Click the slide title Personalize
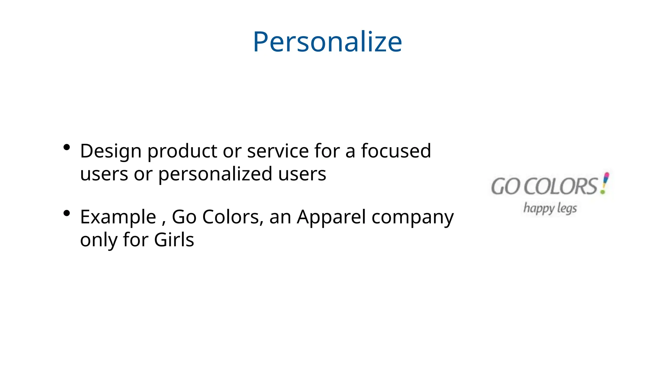pos(327,42)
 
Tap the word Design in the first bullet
pos(111,151)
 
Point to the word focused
pos(396,151)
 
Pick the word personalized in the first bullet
pos(215,174)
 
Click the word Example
pos(118,217)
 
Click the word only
pos(99,240)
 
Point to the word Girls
pos(174,240)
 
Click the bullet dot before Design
pos(67,147)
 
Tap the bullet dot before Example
pos(67,213)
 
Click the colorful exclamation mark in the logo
pos(605,183)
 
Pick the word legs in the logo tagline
pos(567,208)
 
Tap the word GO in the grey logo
pos(505,187)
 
